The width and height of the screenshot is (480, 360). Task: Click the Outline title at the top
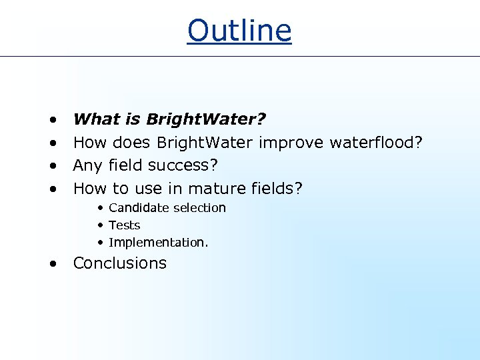click(239, 30)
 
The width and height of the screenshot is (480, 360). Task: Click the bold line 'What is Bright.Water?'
click(169, 119)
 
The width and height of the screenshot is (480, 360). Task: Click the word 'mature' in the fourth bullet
click(218, 189)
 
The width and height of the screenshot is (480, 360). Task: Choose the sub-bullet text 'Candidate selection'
click(167, 208)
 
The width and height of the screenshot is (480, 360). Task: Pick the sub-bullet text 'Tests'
click(124, 225)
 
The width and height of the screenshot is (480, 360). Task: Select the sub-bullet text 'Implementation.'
click(158, 243)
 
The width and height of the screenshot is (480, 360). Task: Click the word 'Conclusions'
click(120, 263)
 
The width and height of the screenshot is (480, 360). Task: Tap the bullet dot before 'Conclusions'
click(52, 264)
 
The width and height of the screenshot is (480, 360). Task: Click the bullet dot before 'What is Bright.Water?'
click(52, 121)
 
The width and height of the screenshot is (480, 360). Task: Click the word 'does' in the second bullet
click(132, 143)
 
